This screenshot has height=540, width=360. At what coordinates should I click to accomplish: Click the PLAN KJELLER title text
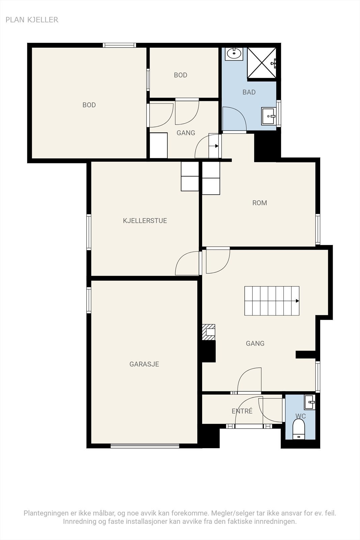[x=32, y=20]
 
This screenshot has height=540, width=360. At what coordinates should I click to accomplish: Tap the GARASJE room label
[x=144, y=364]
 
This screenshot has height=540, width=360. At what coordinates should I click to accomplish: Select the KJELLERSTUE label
[x=145, y=221]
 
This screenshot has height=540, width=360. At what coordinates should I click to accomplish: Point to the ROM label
[x=259, y=203]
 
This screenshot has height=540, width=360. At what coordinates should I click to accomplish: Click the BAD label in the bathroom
[x=249, y=92]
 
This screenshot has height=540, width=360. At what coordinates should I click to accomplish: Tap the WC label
[x=301, y=416]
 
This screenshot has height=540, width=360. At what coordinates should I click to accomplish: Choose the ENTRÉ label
[x=242, y=411]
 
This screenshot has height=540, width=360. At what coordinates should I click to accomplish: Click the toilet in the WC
[x=299, y=429]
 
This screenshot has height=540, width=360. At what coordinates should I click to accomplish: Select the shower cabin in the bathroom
[x=262, y=63]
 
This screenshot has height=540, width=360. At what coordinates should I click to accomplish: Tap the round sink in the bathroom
[x=234, y=54]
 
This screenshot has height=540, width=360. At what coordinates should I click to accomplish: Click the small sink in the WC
[x=309, y=402]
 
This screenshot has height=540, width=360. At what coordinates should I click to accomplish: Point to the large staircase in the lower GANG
[x=272, y=301]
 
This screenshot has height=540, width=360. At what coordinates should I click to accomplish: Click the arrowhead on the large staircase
[x=297, y=301]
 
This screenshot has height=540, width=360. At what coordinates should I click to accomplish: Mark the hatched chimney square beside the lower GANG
[x=209, y=332]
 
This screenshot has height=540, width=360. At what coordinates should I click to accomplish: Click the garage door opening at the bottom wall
[x=145, y=446]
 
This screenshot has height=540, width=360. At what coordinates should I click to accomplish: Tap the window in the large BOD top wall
[x=119, y=45]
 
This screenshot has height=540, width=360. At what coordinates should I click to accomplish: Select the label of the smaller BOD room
[x=181, y=75]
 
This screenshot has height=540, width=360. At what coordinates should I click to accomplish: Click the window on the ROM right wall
[x=318, y=229]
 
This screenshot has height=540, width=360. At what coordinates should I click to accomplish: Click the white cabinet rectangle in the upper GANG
[x=159, y=145]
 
